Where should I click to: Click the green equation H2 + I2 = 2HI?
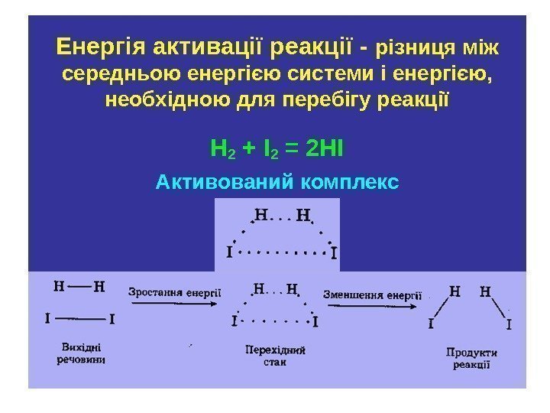coord(277,146)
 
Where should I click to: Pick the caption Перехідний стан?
coord(275,356)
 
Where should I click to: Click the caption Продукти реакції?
coord(471,359)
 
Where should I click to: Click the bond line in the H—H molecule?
coord(79,288)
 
